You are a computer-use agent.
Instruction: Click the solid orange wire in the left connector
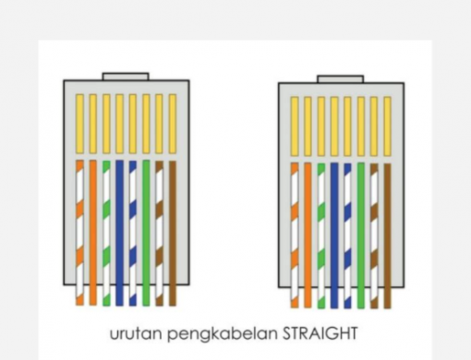click(x=92, y=231)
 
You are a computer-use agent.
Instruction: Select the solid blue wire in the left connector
click(x=119, y=231)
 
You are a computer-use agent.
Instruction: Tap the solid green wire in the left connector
click(x=145, y=231)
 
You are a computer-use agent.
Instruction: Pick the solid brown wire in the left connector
click(x=172, y=231)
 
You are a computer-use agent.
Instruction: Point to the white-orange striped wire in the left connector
click(x=79, y=231)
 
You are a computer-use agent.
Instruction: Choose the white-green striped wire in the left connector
click(x=106, y=231)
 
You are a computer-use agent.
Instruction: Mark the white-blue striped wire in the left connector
click(x=132, y=231)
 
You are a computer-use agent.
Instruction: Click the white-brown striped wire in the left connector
click(x=159, y=231)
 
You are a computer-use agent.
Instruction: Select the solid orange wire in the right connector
click(x=308, y=231)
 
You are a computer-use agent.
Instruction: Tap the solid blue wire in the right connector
click(x=334, y=231)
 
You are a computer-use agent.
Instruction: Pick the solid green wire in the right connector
click(x=360, y=231)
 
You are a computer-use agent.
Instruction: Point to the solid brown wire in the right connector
click(x=387, y=231)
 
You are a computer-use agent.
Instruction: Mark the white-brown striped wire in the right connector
click(x=374, y=231)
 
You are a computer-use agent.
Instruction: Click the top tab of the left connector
click(x=125, y=76)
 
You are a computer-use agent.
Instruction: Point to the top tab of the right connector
click(x=340, y=78)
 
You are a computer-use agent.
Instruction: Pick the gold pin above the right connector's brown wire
click(x=387, y=125)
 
